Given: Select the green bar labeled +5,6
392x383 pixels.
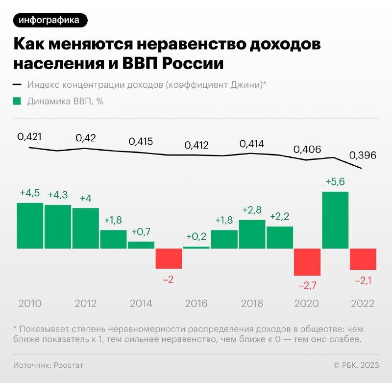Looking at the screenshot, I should coord(335,220).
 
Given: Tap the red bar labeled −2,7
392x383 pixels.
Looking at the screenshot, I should coord(307,261).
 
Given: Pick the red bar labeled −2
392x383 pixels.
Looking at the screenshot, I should coord(169,258).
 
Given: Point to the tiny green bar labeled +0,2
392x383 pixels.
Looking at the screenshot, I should coord(196,247).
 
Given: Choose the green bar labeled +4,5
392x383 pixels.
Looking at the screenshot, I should coord(30,225).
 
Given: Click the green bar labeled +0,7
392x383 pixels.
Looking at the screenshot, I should coord(141,245).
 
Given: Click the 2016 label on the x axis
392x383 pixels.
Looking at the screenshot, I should coord(196,303).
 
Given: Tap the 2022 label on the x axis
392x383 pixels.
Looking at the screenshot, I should coord(363,303).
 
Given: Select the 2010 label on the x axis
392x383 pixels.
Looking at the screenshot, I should coord(30,303).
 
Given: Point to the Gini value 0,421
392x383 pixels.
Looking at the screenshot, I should coord(29,137).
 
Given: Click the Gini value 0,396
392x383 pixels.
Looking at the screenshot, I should coord(363,155).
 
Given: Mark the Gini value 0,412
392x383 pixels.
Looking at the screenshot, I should coord(196,145).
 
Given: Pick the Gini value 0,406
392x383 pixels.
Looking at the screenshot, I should coord(307,149).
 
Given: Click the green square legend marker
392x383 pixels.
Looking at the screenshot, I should coord(17,102).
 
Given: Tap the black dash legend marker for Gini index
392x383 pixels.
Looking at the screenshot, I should coord(17,84).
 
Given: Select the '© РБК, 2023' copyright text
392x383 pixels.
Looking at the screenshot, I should coord(356,365).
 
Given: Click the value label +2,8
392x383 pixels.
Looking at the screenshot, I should coord(252,210).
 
